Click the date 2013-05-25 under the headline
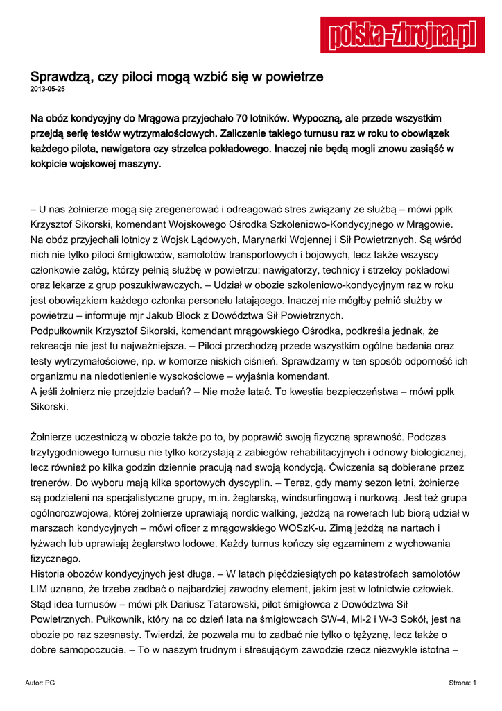pyautogui.click(x=47, y=90)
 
